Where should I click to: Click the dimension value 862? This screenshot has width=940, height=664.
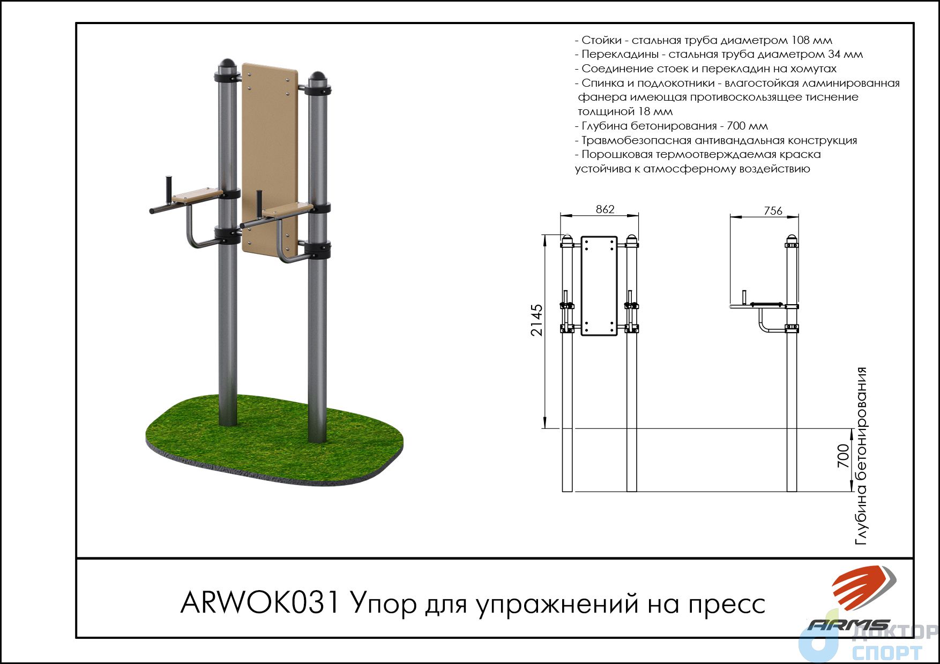pyautogui.click(x=605, y=209)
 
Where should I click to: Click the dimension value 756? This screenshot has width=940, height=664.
pyautogui.click(x=773, y=211)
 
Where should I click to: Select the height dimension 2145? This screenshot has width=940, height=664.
pyautogui.click(x=536, y=320)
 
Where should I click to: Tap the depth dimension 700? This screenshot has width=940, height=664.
pyautogui.click(x=843, y=456)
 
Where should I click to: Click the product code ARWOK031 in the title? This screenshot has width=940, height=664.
pyautogui.click(x=260, y=603)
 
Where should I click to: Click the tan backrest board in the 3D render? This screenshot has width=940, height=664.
pyautogui.click(x=270, y=159)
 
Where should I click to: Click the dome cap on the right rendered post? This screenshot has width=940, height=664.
pyautogui.click(x=318, y=79)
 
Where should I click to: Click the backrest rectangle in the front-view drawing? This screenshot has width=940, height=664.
pyautogui.click(x=599, y=286)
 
